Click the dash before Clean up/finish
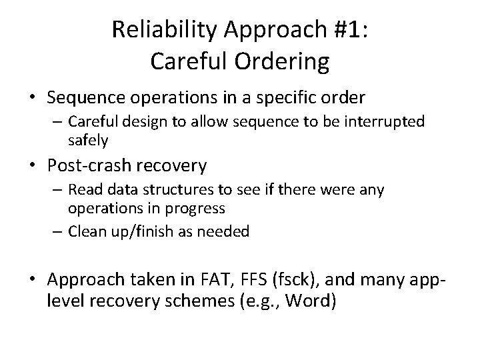coord(57,231)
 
